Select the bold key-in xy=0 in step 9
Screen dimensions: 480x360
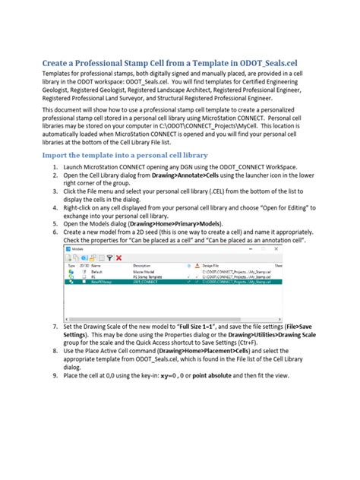coord(181,376)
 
